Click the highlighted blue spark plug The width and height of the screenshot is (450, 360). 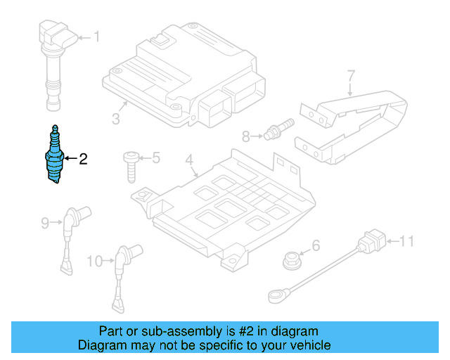[54, 158]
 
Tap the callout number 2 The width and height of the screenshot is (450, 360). [83, 159]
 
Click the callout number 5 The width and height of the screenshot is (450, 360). [156, 157]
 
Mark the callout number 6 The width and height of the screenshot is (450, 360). [316, 245]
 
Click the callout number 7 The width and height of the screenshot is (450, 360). [351, 75]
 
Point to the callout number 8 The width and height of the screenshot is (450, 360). [246, 136]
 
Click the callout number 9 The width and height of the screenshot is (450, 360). [45, 224]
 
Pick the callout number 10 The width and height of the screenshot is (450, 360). [94, 262]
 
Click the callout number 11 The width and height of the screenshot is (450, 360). [407, 243]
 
